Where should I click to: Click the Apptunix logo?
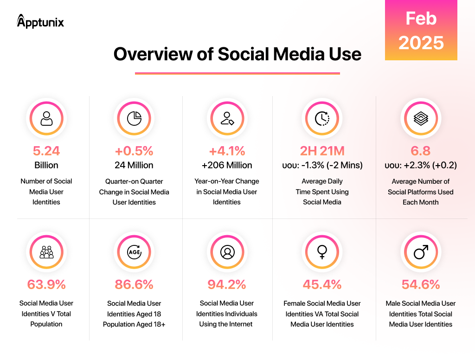(x=40, y=21)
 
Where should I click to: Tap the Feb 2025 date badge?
(x=421, y=30)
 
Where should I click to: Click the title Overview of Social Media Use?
(x=237, y=54)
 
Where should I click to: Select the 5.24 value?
(x=46, y=151)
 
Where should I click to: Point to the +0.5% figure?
(x=134, y=151)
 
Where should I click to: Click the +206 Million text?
(x=227, y=165)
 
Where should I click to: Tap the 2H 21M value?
(x=322, y=151)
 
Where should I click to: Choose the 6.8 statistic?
(x=420, y=151)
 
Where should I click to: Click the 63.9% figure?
(x=46, y=284)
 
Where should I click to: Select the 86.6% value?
(x=134, y=284)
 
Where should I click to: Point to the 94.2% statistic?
(x=227, y=284)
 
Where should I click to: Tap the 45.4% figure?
(x=322, y=284)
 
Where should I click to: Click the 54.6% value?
(x=421, y=284)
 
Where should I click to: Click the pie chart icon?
(x=134, y=118)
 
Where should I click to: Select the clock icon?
(x=322, y=118)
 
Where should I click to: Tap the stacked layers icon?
(x=421, y=118)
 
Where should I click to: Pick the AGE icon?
(x=134, y=252)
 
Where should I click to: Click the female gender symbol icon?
(x=322, y=252)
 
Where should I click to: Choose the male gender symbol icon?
(x=421, y=252)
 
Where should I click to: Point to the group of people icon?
(x=46, y=252)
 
